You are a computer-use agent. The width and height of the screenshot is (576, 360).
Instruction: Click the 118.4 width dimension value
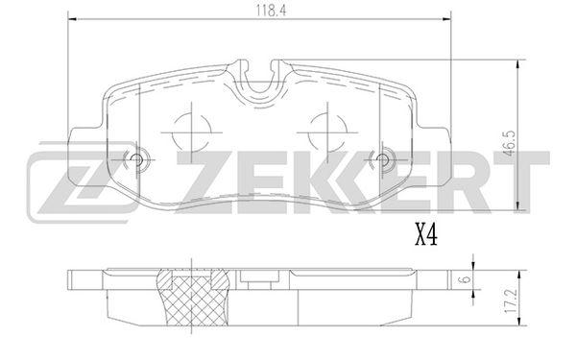click(x=271, y=10)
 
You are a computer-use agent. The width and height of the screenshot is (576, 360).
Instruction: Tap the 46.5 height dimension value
click(x=510, y=143)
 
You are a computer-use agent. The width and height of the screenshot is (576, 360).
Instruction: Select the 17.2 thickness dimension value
click(x=511, y=300)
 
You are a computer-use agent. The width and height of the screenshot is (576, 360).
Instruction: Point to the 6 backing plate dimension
click(x=466, y=279)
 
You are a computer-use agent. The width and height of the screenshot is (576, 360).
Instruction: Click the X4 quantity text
click(x=426, y=235)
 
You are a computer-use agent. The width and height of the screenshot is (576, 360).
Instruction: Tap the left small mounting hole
click(x=136, y=159)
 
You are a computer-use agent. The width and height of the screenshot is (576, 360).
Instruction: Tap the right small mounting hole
click(x=382, y=159)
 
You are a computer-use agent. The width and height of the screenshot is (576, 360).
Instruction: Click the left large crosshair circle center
click(x=191, y=132)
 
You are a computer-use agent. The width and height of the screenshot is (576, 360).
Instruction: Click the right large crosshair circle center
click(x=327, y=132)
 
